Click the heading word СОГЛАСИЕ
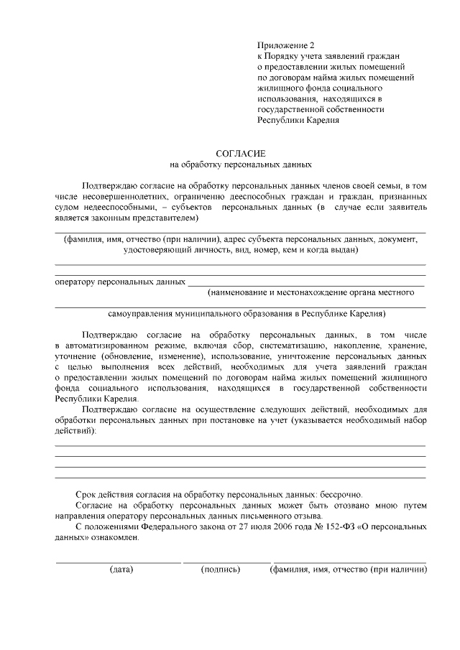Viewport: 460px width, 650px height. tap(241, 154)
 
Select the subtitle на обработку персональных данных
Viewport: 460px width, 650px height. tap(241, 164)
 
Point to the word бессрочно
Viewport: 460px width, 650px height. tap(338, 495)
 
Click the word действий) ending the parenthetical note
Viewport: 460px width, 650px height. tap(75, 431)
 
